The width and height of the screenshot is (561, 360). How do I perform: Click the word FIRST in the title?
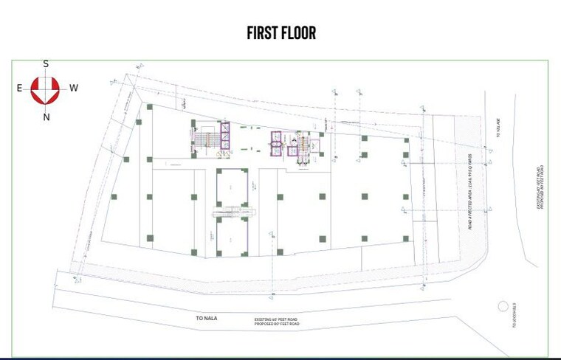pos(263,33)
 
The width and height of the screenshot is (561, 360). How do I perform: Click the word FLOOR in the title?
pos(299,33)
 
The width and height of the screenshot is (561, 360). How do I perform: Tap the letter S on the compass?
pos(46,64)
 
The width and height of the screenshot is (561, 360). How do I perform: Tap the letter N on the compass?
pos(46,117)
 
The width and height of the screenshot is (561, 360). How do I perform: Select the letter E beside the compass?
pos(19,89)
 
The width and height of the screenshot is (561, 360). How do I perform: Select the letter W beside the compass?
pos(74,89)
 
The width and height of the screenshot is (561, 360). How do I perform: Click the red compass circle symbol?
pos(46,90)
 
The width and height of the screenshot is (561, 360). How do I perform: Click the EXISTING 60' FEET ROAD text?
pos(277,319)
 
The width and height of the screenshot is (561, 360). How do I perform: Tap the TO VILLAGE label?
pos(498,131)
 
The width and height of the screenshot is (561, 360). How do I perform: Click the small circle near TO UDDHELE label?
pos(503,305)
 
